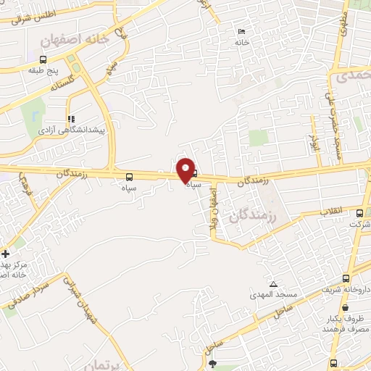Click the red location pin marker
186,170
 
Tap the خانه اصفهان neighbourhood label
75,40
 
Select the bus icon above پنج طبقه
43,59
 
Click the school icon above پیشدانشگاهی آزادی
70,119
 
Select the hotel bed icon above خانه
241,31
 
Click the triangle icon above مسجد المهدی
273,284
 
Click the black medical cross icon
5,254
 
